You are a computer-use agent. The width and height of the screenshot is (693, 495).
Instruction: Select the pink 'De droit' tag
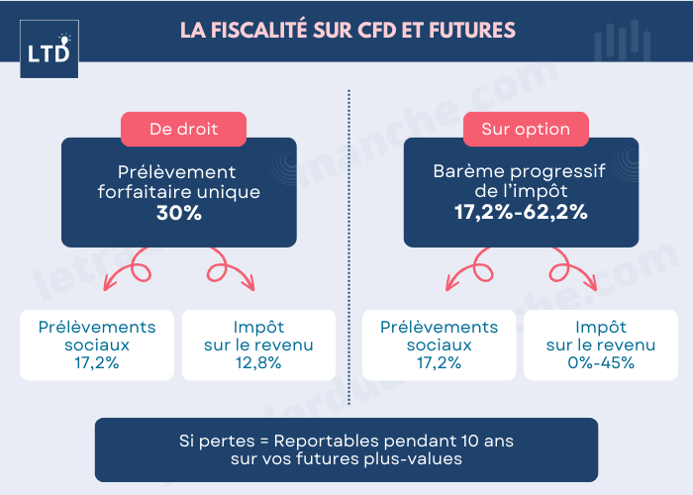(183, 129)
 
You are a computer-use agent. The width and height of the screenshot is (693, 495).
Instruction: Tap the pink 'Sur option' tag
(526, 129)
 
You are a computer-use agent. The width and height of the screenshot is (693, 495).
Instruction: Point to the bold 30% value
(179, 212)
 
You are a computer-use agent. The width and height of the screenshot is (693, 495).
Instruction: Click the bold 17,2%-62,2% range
(521, 212)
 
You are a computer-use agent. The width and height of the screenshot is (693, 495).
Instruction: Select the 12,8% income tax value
(257, 362)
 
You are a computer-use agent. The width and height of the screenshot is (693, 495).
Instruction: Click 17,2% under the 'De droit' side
(97, 362)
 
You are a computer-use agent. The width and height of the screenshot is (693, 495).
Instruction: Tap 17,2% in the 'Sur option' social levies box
(440, 362)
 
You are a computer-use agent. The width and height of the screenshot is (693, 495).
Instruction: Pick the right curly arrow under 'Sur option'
(572, 270)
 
